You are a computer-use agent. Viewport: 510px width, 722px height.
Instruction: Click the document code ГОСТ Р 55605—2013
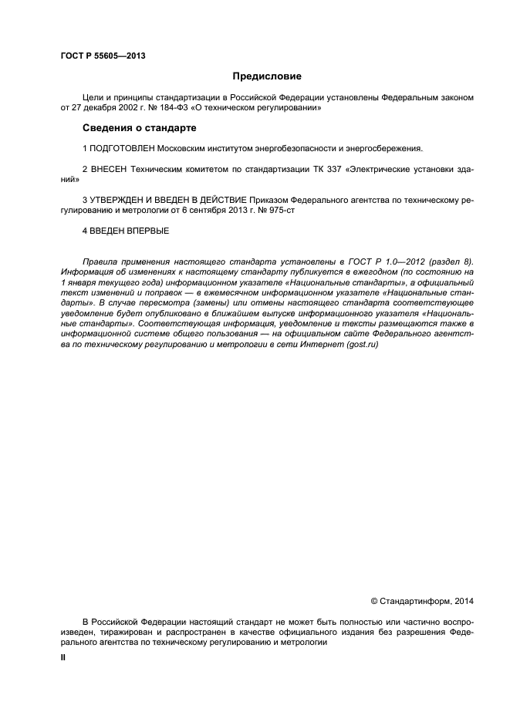click(103, 56)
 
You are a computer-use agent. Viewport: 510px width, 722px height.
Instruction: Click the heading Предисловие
click(265, 76)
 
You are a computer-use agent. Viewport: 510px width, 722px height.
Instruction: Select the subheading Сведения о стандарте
click(140, 127)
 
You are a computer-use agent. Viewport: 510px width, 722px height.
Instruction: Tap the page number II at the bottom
click(63, 658)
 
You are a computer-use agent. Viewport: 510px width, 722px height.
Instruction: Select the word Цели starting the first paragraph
click(92, 97)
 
